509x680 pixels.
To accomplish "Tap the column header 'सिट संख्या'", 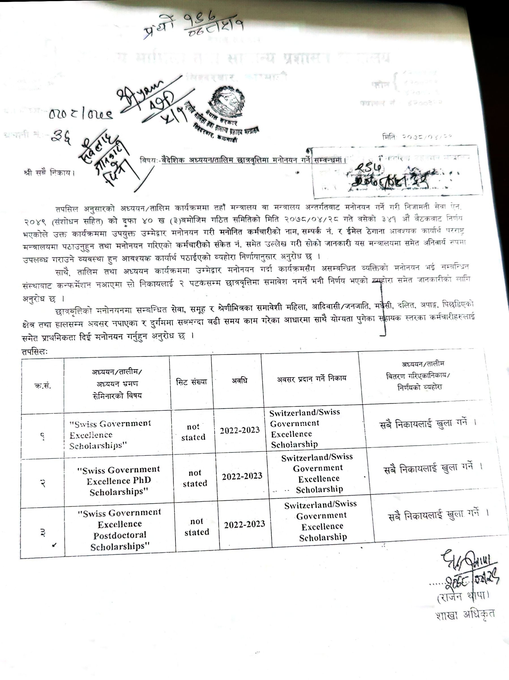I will point(191,382).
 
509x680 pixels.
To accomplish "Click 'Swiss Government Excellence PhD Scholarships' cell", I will point(119,480).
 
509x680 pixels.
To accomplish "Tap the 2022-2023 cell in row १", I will point(239,430).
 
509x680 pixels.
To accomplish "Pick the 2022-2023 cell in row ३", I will point(244,524).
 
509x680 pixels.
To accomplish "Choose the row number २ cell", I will point(43,483).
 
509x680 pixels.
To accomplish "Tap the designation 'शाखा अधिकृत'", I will point(465,615).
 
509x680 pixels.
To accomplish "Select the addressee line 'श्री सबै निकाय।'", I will point(49,173).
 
